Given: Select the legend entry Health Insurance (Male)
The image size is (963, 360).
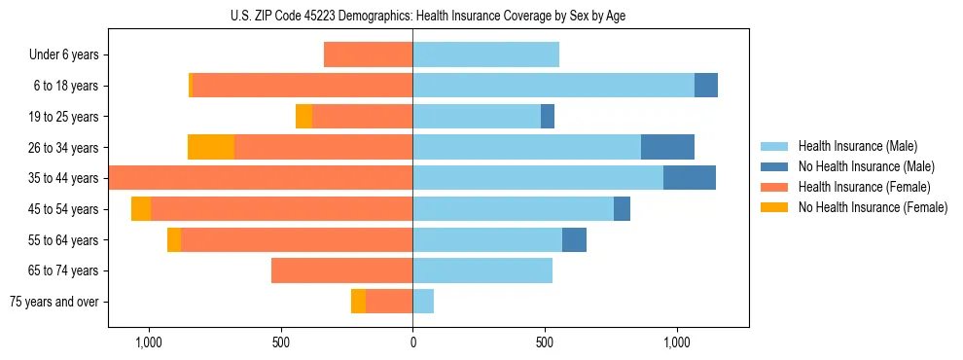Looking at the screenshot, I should click(857, 146).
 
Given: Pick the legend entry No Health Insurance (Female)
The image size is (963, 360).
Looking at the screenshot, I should click(873, 207).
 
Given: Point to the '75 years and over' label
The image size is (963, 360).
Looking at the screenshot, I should click(54, 302).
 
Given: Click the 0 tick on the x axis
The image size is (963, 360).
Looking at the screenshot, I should click(412, 342).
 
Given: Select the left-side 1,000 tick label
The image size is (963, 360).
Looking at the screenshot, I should click(148, 342).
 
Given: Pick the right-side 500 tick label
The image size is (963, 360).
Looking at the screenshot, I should click(545, 342).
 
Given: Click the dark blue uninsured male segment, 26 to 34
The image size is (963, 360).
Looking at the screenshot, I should click(667, 147).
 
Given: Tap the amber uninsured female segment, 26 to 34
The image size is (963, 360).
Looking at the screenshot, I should click(211, 147).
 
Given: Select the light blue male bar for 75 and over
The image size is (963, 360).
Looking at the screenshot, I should click(423, 302).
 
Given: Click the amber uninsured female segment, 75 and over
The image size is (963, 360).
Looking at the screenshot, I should click(358, 302).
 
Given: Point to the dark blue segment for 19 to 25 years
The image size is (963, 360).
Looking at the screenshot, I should click(548, 117).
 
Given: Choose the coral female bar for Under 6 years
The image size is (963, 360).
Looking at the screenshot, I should click(368, 55).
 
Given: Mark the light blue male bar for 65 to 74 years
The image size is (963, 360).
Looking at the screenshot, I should click(482, 270).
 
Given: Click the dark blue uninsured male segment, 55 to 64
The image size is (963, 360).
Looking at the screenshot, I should click(574, 239).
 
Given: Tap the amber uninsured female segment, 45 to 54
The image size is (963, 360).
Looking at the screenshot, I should click(141, 209).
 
